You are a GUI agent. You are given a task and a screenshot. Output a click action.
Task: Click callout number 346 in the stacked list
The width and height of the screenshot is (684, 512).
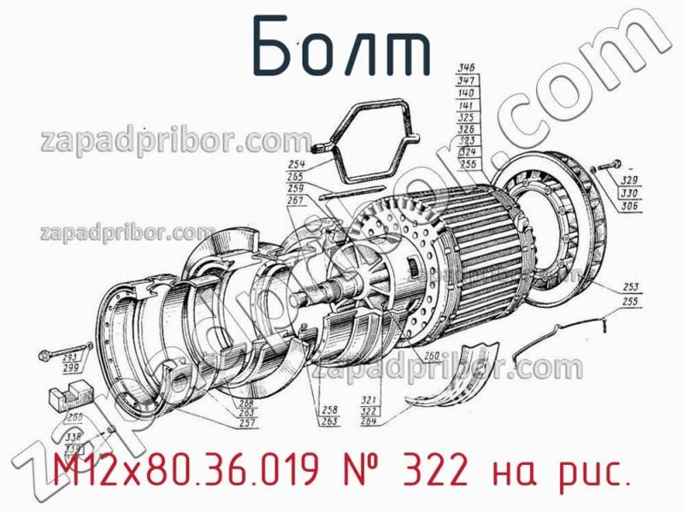coord(467,68)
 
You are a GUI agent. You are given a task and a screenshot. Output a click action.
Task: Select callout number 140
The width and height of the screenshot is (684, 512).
coord(467,91)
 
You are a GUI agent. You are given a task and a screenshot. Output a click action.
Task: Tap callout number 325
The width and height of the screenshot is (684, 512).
coord(467,115)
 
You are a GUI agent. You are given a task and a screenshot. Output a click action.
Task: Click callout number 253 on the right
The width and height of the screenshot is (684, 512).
coord(633,287)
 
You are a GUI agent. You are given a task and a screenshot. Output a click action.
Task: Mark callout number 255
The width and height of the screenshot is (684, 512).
coord(633,302)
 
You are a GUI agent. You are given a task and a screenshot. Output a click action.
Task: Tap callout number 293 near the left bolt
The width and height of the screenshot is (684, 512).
coord(71,356)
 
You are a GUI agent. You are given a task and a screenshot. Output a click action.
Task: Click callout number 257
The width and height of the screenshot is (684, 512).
coord(248,424)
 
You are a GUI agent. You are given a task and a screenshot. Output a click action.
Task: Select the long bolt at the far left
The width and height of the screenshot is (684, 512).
coord(47,353)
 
